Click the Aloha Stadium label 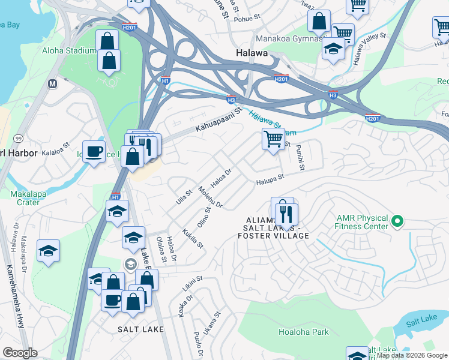tap(68, 51)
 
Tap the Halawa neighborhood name tap(250, 53)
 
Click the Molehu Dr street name tap(210, 197)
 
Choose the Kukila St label tap(193, 237)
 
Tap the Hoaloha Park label tap(304, 332)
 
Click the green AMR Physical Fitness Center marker tap(396, 222)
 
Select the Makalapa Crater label tap(25, 198)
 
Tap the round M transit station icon tap(53, 84)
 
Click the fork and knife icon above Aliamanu tap(285, 213)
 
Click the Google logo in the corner tap(19, 353)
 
